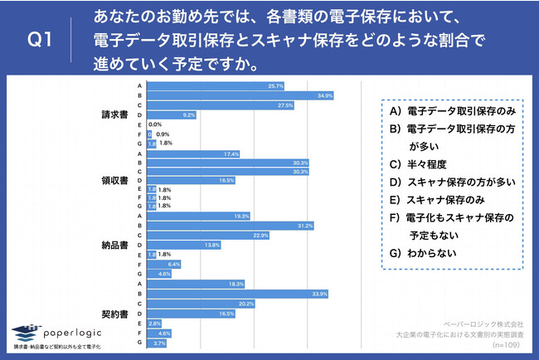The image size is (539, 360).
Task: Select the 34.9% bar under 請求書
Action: (x=240, y=95)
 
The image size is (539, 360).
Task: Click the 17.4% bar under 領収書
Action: (x=195, y=153)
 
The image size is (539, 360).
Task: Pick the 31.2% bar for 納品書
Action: (x=232, y=225)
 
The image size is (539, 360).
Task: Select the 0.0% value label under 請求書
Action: (x=154, y=124)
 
